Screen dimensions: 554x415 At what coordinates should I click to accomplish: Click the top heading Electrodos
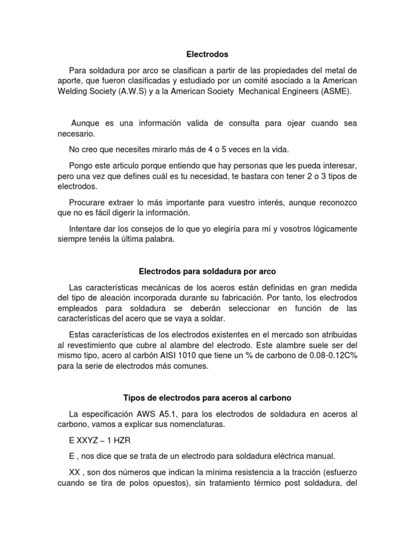click(207, 54)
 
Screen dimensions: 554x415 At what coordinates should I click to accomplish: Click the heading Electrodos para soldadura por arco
click(207, 270)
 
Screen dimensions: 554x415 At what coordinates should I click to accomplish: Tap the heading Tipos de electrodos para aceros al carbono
click(207, 398)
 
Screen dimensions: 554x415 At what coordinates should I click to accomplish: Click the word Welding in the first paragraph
click(73, 91)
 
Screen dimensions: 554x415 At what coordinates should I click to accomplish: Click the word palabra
click(160, 239)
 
